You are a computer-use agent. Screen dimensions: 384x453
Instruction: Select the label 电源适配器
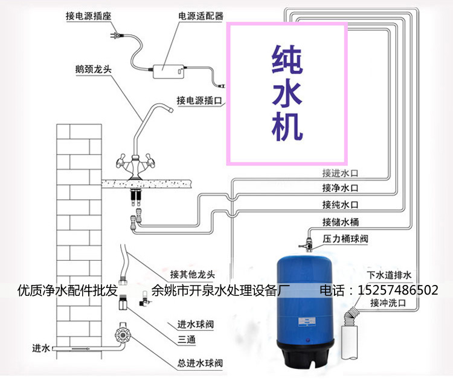coord(199,16)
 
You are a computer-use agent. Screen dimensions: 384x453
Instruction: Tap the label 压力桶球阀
coord(345,239)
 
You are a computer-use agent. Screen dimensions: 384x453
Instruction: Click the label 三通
coord(186,341)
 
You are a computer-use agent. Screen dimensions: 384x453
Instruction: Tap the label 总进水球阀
coord(200,363)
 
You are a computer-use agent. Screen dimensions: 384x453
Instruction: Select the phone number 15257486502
coord(398,290)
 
